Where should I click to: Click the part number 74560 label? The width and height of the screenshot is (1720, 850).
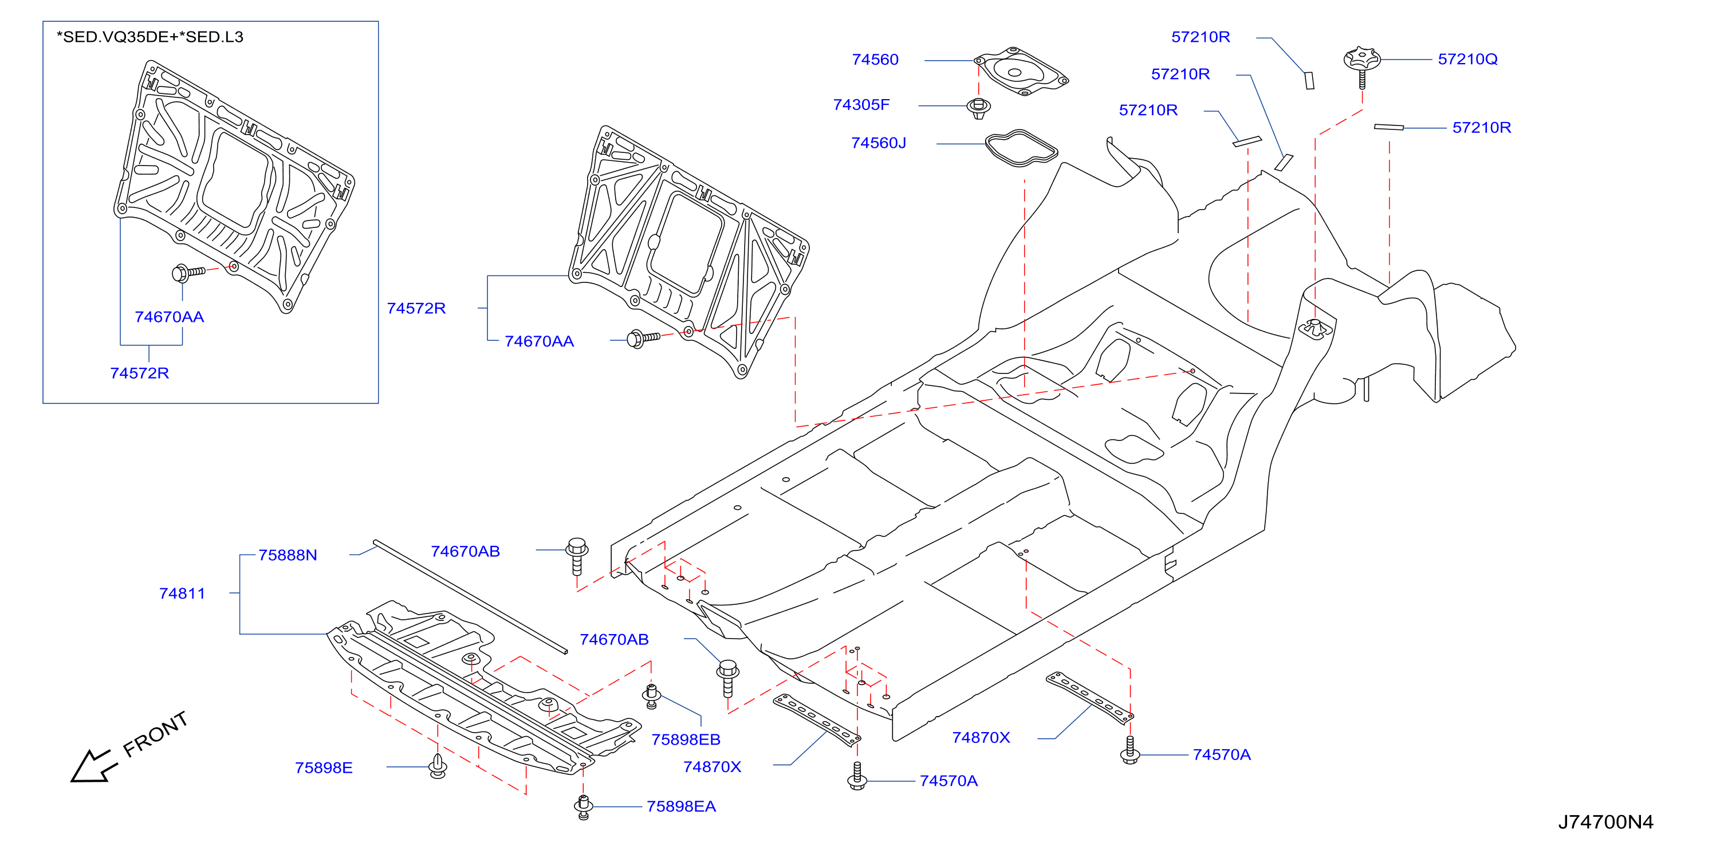875,60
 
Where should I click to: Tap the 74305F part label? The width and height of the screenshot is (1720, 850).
861,105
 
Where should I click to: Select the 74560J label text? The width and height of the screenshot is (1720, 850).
878,143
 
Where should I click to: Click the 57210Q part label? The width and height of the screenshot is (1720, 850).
1467,60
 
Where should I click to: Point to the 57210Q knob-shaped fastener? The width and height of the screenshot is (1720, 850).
1361,64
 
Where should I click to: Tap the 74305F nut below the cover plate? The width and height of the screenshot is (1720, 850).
978,108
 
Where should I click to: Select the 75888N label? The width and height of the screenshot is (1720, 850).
287,555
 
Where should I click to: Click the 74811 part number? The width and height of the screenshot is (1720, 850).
182,593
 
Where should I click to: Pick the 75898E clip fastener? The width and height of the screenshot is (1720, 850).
438,766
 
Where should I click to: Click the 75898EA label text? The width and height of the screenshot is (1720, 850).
680,806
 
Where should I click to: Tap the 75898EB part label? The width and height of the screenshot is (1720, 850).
686,739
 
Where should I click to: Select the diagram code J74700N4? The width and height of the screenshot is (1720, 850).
1605,822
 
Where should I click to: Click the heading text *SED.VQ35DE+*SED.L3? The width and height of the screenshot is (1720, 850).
149,37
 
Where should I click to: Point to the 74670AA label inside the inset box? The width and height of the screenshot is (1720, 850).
169,317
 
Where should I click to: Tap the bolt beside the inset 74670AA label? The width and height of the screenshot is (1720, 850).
188,273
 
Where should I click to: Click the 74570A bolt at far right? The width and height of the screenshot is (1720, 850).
1129,750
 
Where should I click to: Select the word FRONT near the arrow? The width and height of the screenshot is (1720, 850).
156,734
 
